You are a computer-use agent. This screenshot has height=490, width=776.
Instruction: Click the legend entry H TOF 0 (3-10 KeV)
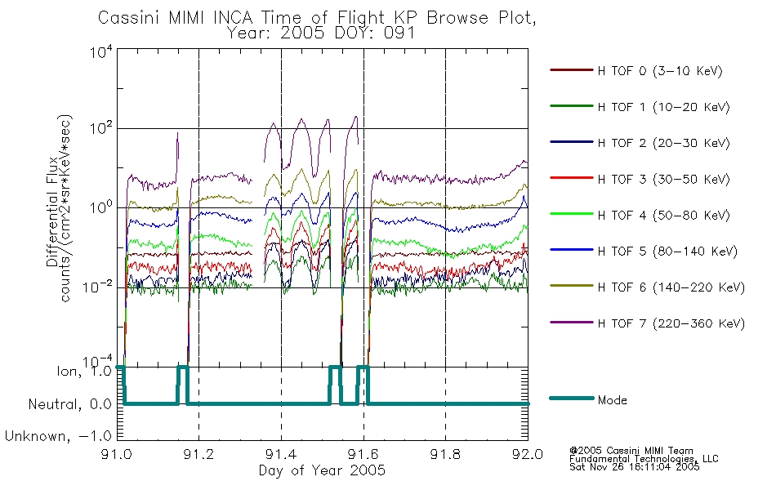click(660, 71)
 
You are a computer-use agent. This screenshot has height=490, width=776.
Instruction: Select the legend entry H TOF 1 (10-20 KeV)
click(663, 107)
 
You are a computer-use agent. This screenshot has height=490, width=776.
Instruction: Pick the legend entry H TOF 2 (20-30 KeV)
click(663, 143)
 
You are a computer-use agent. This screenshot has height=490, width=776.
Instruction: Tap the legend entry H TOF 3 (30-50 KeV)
click(663, 179)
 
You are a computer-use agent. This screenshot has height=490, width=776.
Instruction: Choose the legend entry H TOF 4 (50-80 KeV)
click(663, 216)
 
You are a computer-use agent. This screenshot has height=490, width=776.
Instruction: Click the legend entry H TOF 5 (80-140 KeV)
click(667, 252)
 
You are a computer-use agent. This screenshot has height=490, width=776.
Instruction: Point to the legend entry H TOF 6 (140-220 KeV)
click(671, 287)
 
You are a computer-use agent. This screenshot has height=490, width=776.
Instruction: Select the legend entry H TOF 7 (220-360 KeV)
click(671, 323)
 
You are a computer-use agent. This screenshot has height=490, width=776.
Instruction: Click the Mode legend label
click(612, 400)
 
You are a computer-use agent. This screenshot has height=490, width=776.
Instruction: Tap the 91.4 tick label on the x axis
click(281, 454)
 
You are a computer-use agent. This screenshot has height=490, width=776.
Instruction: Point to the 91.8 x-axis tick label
click(445, 454)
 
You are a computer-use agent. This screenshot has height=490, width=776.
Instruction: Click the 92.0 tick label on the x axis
click(528, 454)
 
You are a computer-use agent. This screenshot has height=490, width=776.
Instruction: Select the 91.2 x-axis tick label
click(198, 454)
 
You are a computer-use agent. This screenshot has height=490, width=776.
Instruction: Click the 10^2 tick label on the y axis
click(101, 127)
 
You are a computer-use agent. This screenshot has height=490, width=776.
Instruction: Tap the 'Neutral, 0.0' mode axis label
click(69, 404)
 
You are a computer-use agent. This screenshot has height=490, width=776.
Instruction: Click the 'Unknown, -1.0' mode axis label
click(58, 436)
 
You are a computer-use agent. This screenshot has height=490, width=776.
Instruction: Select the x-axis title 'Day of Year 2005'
click(322, 470)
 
